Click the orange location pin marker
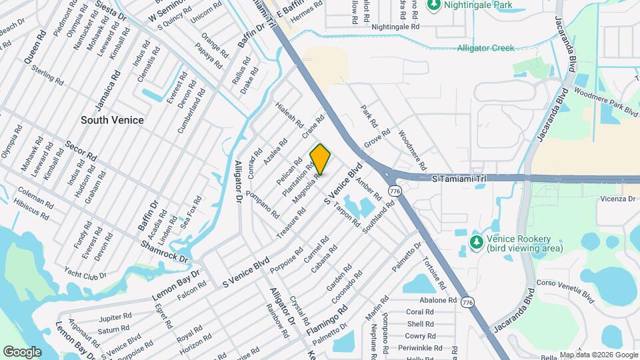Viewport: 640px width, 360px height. click(x=320, y=159)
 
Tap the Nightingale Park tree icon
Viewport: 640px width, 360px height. click(x=434, y=5)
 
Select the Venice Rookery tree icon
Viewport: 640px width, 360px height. click(x=476, y=242)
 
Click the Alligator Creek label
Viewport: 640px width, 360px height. click(x=485, y=48)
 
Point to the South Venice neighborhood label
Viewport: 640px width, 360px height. click(x=112, y=120)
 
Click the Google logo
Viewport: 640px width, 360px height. click(x=23, y=351)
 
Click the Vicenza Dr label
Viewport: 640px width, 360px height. click(x=618, y=199)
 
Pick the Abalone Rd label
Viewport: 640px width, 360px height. click(x=438, y=300)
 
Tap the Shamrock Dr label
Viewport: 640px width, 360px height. click(x=165, y=251)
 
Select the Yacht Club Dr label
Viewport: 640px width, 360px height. click(x=86, y=273)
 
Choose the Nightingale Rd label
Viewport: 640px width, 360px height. click(x=395, y=27)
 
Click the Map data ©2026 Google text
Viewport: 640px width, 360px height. click(x=599, y=355)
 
